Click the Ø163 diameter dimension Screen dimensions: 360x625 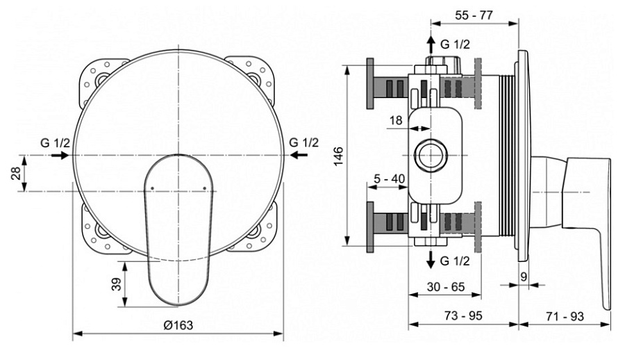coord(178,325)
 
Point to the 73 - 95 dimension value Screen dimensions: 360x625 coord(462,316)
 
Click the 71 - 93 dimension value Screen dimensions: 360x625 coord(564,316)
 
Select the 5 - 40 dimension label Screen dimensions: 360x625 coord(389,179)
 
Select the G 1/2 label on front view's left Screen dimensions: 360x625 coord(54,142)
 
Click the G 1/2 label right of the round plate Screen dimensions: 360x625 coord(303,142)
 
